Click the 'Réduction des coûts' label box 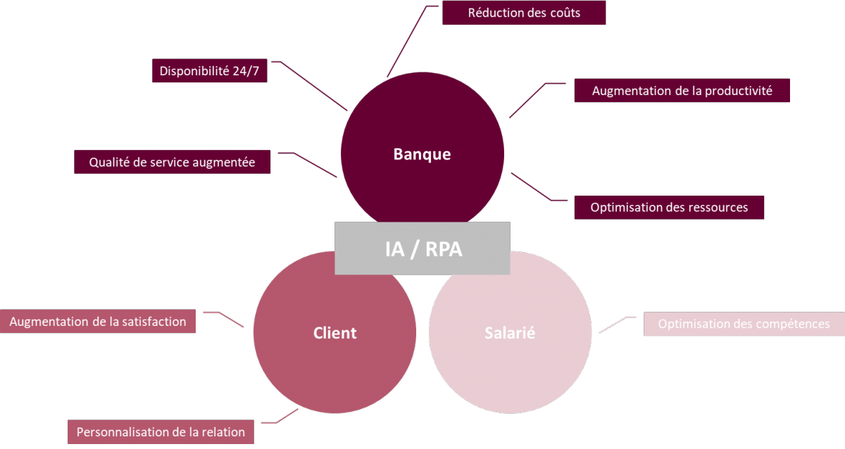524,13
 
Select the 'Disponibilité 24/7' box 210,71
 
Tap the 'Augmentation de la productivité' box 682,91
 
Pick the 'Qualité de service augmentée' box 172,162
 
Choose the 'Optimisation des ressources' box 669,208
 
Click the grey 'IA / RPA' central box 423,248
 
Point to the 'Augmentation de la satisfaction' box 98,322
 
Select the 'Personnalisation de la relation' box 161,431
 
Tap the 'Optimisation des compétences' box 744,324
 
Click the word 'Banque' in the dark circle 422,154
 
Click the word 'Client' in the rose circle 334,333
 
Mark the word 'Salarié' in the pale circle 510,333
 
